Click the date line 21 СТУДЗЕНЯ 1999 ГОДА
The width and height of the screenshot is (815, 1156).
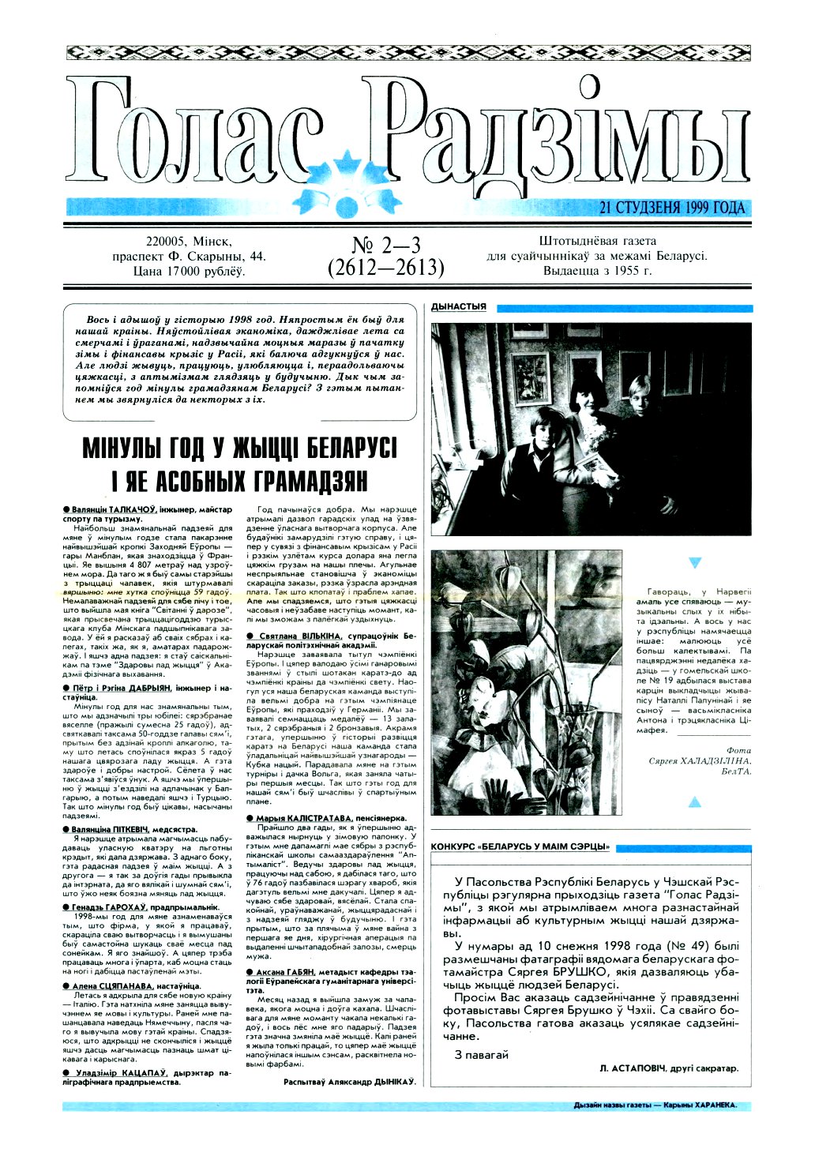pyautogui.click(x=672, y=208)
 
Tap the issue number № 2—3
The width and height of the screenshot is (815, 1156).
pyautogui.click(x=386, y=244)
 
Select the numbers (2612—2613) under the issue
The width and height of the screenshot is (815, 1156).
pyautogui.click(x=386, y=268)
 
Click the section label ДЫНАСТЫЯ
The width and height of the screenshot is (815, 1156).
pyautogui.click(x=459, y=307)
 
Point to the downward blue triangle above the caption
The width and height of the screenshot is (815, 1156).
pyautogui.click(x=695, y=563)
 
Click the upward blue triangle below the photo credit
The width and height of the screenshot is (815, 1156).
pyautogui.click(x=695, y=802)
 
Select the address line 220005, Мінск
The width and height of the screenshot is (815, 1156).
pyautogui.click(x=190, y=242)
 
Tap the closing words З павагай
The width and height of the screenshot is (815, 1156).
pyautogui.click(x=482, y=1054)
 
